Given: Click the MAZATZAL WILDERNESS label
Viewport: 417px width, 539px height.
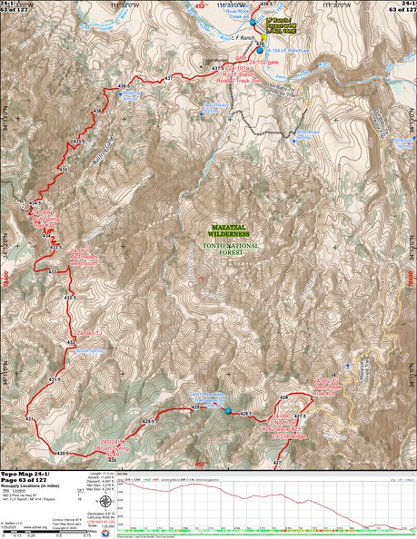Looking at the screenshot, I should (223, 234).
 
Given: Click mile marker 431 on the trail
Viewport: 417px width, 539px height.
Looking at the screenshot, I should (29, 417).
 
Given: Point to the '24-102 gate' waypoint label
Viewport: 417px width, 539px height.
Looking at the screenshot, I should (263, 61).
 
